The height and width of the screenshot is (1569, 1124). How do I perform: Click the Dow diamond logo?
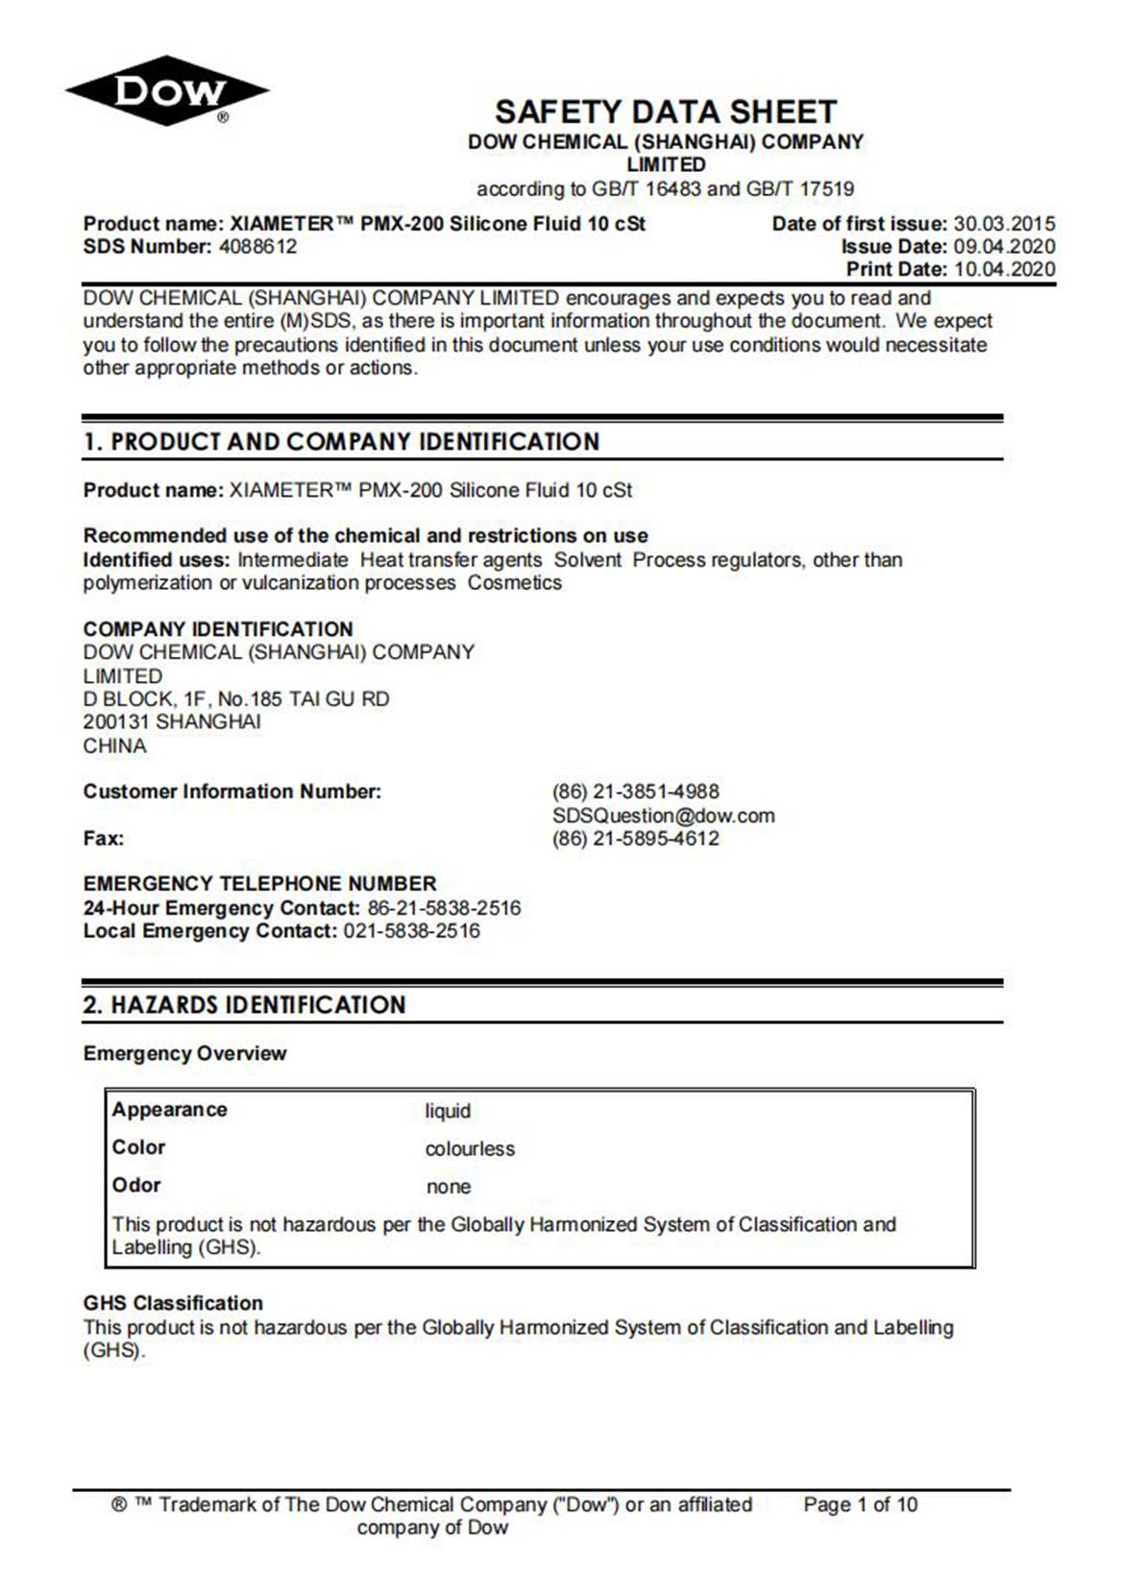(x=167, y=91)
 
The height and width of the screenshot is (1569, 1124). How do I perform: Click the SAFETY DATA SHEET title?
(x=666, y=111)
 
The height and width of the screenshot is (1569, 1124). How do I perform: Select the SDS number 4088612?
(x=257, y=247)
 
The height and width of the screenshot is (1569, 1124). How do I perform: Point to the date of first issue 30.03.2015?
(x=1004, y=224)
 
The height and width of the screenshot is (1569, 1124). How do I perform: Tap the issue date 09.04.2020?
(x=1004, y=247)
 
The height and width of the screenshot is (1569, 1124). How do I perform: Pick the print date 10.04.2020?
(x=1004, y=270)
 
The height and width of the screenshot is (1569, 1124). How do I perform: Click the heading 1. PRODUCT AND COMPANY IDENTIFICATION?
(x=341, y=442)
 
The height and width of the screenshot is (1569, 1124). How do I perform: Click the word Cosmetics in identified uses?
(x=515, y=583)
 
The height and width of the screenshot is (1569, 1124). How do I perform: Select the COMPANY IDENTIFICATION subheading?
(x=218, y=629)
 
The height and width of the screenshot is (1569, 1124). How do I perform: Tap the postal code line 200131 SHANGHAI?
(x=172, y=722)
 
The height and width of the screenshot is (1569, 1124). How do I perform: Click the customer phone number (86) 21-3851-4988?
(x=636, y=792)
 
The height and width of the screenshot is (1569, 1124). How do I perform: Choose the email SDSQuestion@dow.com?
(x=664, y=816)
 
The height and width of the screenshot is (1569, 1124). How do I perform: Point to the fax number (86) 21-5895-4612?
(x=636, y=839)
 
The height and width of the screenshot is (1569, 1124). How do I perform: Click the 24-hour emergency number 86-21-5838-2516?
(x=444, y=908)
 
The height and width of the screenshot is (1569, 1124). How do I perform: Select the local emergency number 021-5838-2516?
(x=411, y=931)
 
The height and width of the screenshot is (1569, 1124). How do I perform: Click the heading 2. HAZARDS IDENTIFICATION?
(x=244, y=1005)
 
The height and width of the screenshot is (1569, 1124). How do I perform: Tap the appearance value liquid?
(x=448, y=1112)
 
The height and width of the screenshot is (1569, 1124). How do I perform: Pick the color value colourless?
(x=470, y=1149)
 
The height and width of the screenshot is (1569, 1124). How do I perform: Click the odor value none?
(x=449, y=1187)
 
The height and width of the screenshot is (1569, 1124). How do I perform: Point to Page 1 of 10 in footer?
(x=860, y=1505)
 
